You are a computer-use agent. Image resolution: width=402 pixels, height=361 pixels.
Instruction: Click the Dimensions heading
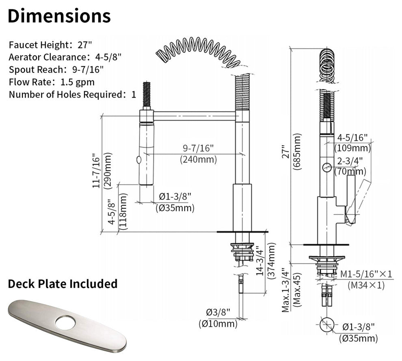(x=59, y=16)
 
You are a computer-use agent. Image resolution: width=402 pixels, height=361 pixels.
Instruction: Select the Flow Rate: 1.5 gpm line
(x=52, y=82)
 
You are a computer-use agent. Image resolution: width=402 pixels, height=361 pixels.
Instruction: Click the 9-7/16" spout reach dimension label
(x=198, y=148)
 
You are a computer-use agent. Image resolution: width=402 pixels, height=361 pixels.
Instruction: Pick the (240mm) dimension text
(x=198, y=160)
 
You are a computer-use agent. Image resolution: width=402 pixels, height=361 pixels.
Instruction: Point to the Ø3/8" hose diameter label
(x=218, y=312)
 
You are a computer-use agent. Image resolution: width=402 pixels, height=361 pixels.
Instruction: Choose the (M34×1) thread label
(x=366, y=285)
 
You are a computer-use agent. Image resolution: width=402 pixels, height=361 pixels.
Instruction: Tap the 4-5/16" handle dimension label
(x=352, y=137)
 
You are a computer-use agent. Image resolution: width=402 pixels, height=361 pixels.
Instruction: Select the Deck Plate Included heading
(x=63, y=284)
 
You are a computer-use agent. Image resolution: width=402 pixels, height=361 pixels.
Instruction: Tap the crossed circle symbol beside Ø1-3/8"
(x=327, y=326)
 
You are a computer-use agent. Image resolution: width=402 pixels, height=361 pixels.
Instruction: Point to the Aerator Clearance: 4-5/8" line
(x=65, y=57)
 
